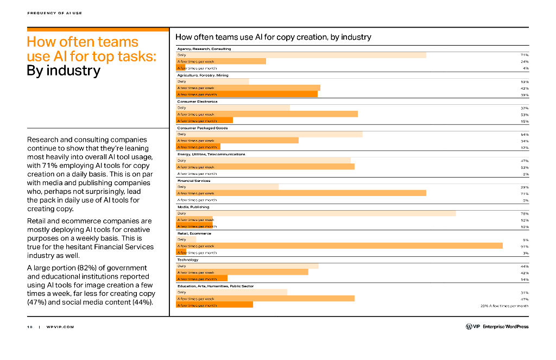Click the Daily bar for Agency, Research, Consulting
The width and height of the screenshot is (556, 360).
tap(301, 55)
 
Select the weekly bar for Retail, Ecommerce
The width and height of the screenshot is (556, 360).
tap(339, 246)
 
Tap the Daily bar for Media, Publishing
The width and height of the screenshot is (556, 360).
tap(316, 213)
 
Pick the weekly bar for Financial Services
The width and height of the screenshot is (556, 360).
tap(301, 193)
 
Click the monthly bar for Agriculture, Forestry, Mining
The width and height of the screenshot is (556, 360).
tap(247, 94)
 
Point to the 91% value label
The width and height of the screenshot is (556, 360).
tap(525, 246)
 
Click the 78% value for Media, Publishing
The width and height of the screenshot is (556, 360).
tap(525, 213)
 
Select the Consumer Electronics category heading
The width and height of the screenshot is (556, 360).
tap(197, 102)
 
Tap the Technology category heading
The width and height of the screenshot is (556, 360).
tap(188, 260)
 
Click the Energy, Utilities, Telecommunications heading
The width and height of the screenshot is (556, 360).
tap(211, 154)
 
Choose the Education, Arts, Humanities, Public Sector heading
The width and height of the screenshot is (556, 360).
tap(215, 286)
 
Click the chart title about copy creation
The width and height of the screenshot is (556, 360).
tap(273, 37)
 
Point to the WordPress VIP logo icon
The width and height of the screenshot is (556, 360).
tap(469, 326)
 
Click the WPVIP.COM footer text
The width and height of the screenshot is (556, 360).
tap(60, 327)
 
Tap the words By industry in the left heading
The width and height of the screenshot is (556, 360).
tap(64, 71)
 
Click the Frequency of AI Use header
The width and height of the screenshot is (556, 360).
tap(54, 13)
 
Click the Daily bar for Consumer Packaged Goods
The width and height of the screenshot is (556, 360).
tap(269, 134)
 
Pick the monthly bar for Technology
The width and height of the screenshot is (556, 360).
tap(202, 279)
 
